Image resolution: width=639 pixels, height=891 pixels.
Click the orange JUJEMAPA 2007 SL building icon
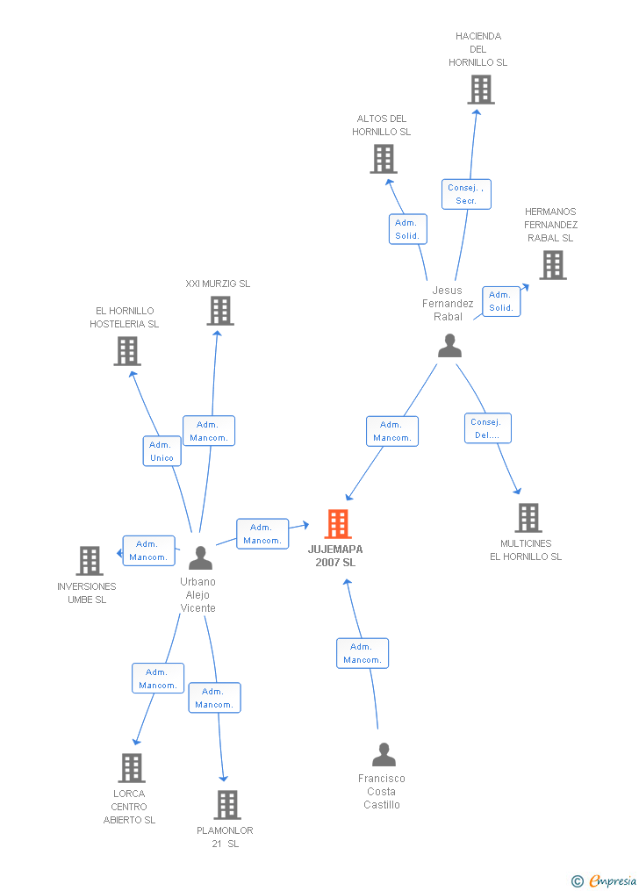pyautogui.click(x=338, y=524)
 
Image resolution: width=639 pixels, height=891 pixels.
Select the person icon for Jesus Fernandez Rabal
pyautogui.click(x=450, y=346)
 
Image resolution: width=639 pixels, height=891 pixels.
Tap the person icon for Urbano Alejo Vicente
pyautogui.click(x=200, y=558)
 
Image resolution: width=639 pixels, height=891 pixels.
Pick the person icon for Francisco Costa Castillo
pyautogui.click(x=384, y=755)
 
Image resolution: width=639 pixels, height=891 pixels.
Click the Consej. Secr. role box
pyautogui.click(x=466, y=194)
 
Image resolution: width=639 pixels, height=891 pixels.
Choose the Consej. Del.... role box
pyautogui.click(x=488, y=428)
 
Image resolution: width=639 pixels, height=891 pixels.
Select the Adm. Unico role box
pyautogui.click(x=162, y=451)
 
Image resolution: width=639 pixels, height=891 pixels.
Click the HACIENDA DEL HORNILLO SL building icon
pyautogui.click(x=481, y=90)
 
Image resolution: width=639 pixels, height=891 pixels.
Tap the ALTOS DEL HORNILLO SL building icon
pyautogui.click(x=384, y=159)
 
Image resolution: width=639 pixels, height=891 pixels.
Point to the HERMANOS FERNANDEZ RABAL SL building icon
pyautogui.click(x=553, y=265)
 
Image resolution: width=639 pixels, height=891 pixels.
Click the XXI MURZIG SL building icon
pyautogui.click(x=220, y=311)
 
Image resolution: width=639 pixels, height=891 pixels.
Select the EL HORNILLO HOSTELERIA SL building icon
pyautogui.click(x=127, y=350)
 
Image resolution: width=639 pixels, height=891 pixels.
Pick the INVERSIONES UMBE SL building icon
pyautogui.click(x=90, y=561)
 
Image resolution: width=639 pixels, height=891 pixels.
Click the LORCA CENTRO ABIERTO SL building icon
pyautogui.click(x=132, y=768)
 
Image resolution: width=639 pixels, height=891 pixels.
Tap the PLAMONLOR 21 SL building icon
pyautogui.click(x=227, y=805)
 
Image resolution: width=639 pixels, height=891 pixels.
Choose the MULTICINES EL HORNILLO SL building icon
pyautogui.click(x=528, y=518)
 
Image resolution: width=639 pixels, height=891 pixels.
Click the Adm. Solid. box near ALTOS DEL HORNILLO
pyautogui.click(x=408, y=229)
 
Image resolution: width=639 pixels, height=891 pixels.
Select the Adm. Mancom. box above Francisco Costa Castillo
pyautogui.click(x=363, y=653)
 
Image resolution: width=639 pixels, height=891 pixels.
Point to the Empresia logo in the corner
pyautogui.click(x=604, y=881)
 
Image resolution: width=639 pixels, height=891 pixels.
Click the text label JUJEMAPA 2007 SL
pyautogui.click(x=335, y=556)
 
